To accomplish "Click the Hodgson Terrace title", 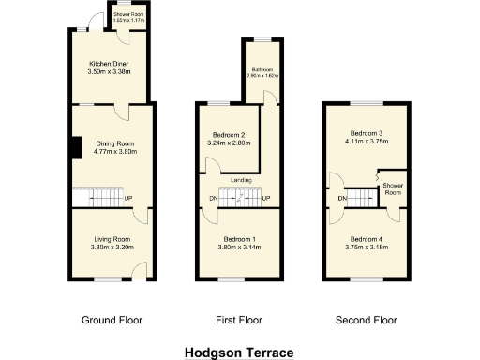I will (239, 352).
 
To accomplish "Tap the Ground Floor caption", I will (112, 320).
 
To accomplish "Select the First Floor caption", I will (240, 320).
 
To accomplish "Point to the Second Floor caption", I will (366, 320).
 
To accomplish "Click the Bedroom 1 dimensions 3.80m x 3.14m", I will (241, 247).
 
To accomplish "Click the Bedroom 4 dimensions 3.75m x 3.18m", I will (365, 247).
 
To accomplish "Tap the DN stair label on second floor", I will (343, 199).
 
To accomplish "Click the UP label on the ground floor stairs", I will (127, 198).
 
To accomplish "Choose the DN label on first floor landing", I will (213, 199).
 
